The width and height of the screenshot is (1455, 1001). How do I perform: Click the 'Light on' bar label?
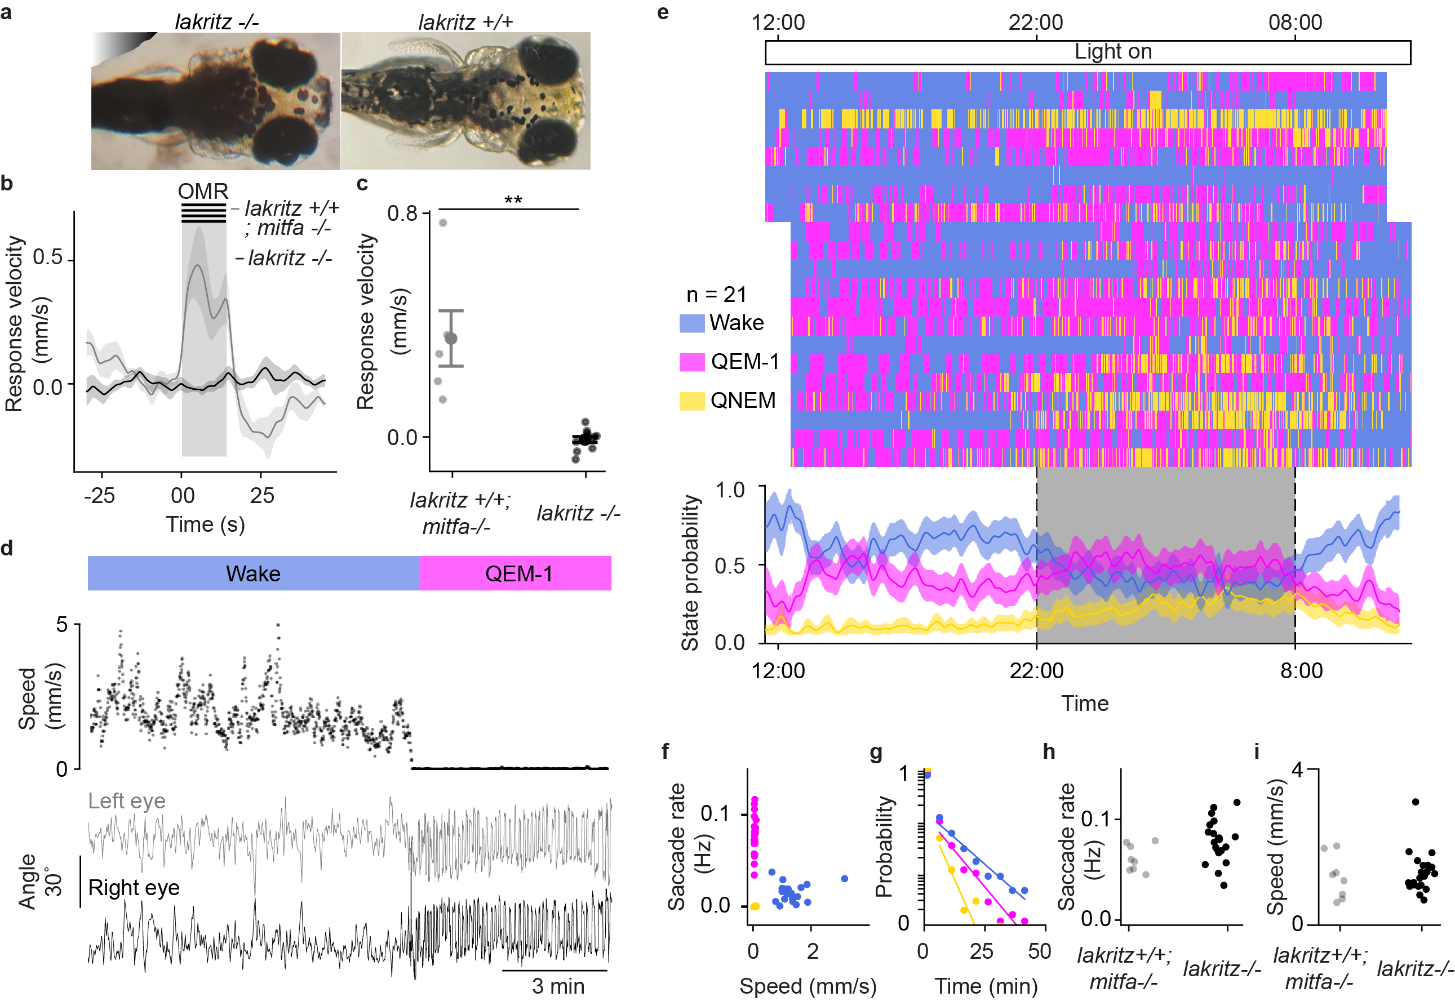click(1112, 51)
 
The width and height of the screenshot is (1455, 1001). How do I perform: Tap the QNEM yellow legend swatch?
click(692, 401)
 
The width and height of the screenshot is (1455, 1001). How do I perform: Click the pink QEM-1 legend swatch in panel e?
click(692, 362)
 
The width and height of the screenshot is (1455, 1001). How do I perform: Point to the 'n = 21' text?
click(716, 294)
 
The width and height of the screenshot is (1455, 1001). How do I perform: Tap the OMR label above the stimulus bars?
click(203, 190)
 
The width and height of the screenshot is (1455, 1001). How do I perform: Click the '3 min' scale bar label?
click(558, 986)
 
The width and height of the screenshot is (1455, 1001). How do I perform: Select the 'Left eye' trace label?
click(127, 801)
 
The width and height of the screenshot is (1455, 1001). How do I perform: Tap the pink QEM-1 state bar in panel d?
click(515, 573)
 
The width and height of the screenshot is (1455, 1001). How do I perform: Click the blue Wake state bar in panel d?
click(253, 573)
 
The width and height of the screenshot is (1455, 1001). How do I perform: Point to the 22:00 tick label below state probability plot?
click(1036, 670)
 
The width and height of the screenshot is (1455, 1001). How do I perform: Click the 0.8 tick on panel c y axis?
click(402, 213)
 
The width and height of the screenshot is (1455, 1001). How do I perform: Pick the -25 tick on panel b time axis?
click(99, 496)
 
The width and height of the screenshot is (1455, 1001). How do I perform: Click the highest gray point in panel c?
click(442, 223)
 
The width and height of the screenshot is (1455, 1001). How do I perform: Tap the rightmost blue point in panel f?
click(844, 879)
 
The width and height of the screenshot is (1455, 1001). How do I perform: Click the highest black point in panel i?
click(1415, 802)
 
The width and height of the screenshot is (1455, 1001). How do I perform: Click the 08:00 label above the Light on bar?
click(1295, 23)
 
